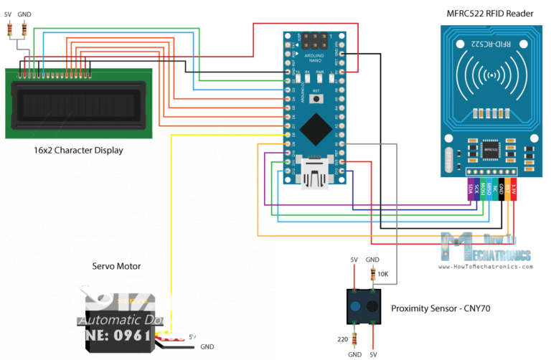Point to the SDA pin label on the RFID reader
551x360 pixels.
470,189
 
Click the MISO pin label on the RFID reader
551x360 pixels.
489,189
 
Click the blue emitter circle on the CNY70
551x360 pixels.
356,307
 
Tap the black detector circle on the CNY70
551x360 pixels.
372,307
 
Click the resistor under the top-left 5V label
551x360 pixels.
11,29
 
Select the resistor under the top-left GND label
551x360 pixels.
25,29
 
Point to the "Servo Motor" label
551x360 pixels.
116,266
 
